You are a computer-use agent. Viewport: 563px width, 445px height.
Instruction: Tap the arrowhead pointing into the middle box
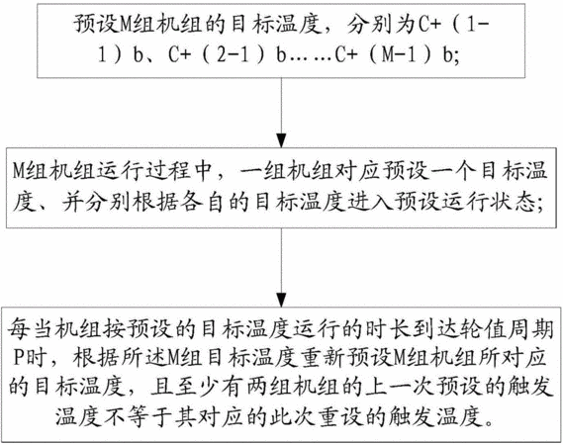(x=281, y=141)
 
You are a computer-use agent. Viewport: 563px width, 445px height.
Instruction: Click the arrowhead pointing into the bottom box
(x=281, y=300)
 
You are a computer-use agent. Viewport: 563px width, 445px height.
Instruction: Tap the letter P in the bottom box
(x=18, y=357)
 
